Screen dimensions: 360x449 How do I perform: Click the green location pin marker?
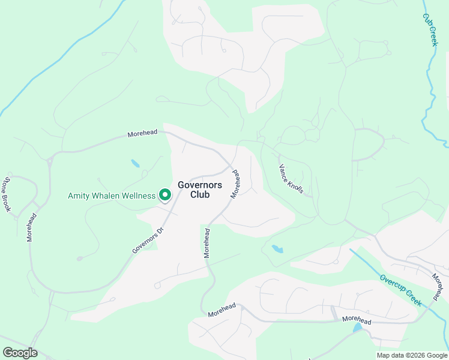164,195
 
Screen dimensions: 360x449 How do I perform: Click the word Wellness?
135,196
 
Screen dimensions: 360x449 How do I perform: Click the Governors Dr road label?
148,241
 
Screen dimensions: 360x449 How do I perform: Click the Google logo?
20,353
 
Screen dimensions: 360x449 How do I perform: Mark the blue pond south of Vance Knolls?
277,248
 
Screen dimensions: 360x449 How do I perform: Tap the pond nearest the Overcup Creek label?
358,328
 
